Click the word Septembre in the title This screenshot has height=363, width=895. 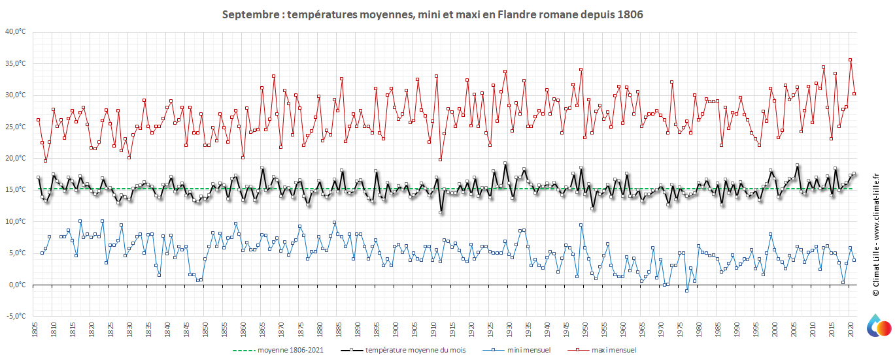pos(248,14)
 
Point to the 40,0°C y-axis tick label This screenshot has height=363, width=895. pos(16,31)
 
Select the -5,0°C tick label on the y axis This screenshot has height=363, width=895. pos(16,316)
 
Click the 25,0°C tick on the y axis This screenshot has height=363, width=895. pos(16,127)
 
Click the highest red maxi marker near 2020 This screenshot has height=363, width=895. pos(850,59)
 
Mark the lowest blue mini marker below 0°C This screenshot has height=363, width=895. pos(686,291)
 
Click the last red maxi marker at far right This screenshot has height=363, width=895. pos(854,93)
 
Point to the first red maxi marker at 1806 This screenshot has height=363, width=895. pos(38,119)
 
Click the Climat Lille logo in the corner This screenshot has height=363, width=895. pos(879,327)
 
